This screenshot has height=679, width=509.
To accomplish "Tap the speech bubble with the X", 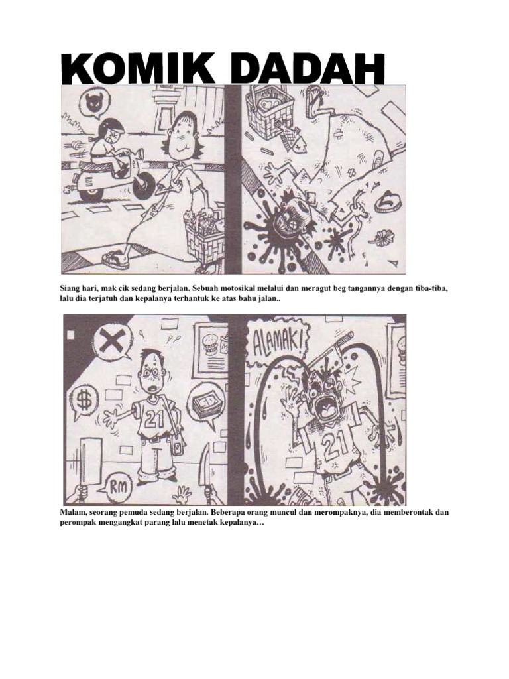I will click(x=112, y=342).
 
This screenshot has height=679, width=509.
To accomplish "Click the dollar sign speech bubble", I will click(x=85, y=401).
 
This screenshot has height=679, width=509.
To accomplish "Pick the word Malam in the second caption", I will click(x=65, y=513).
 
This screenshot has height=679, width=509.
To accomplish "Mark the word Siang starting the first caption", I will click(x=64, y=290).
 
